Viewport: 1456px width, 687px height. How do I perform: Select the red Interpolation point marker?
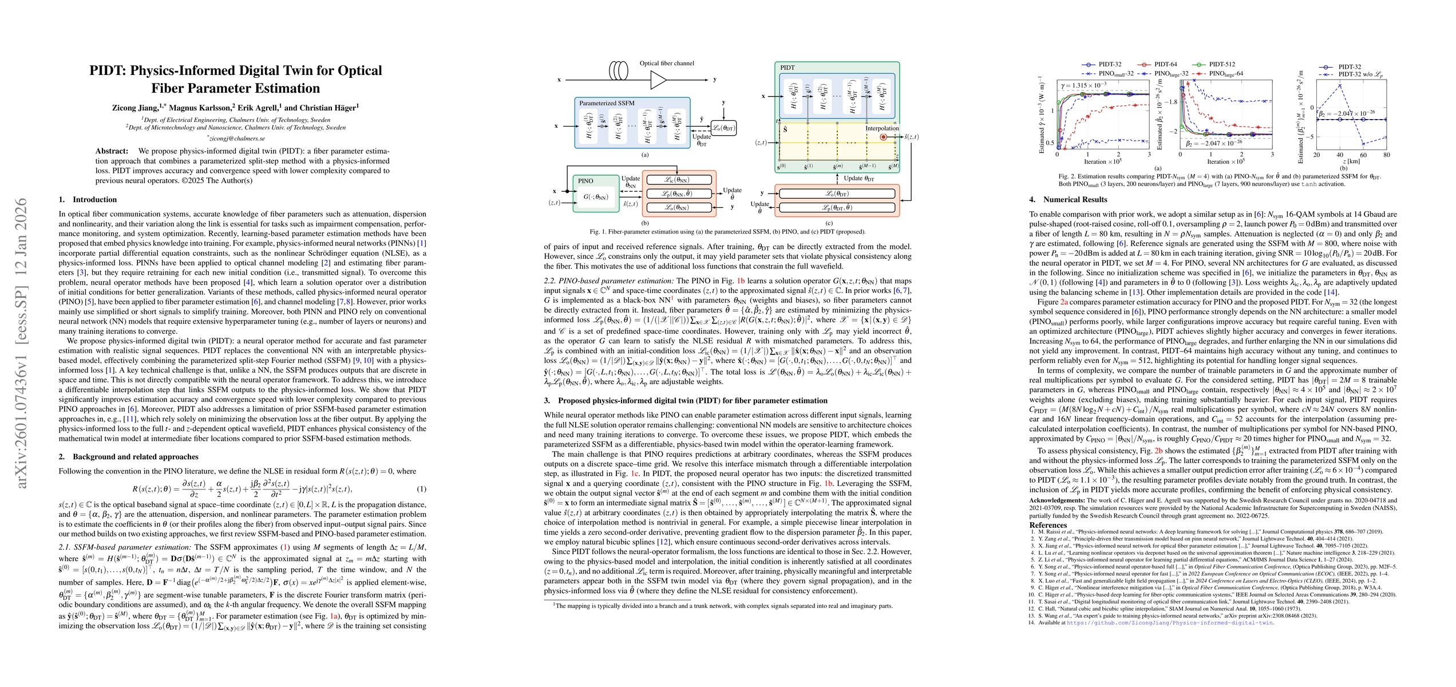tap(883, 137)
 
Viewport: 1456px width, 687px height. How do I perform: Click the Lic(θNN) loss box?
tap(678, 180)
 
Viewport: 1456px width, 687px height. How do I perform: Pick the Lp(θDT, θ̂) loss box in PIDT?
tap(837, 207)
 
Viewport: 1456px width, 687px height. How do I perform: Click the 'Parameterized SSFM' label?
tap(607, 103)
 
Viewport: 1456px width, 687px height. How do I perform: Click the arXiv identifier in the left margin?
tap(22, 343)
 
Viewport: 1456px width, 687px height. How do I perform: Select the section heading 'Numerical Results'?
tap(1075, 200)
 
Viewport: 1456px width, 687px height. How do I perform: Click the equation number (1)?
tap(422, 489)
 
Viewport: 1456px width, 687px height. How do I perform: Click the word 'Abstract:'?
tap(112, 151)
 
